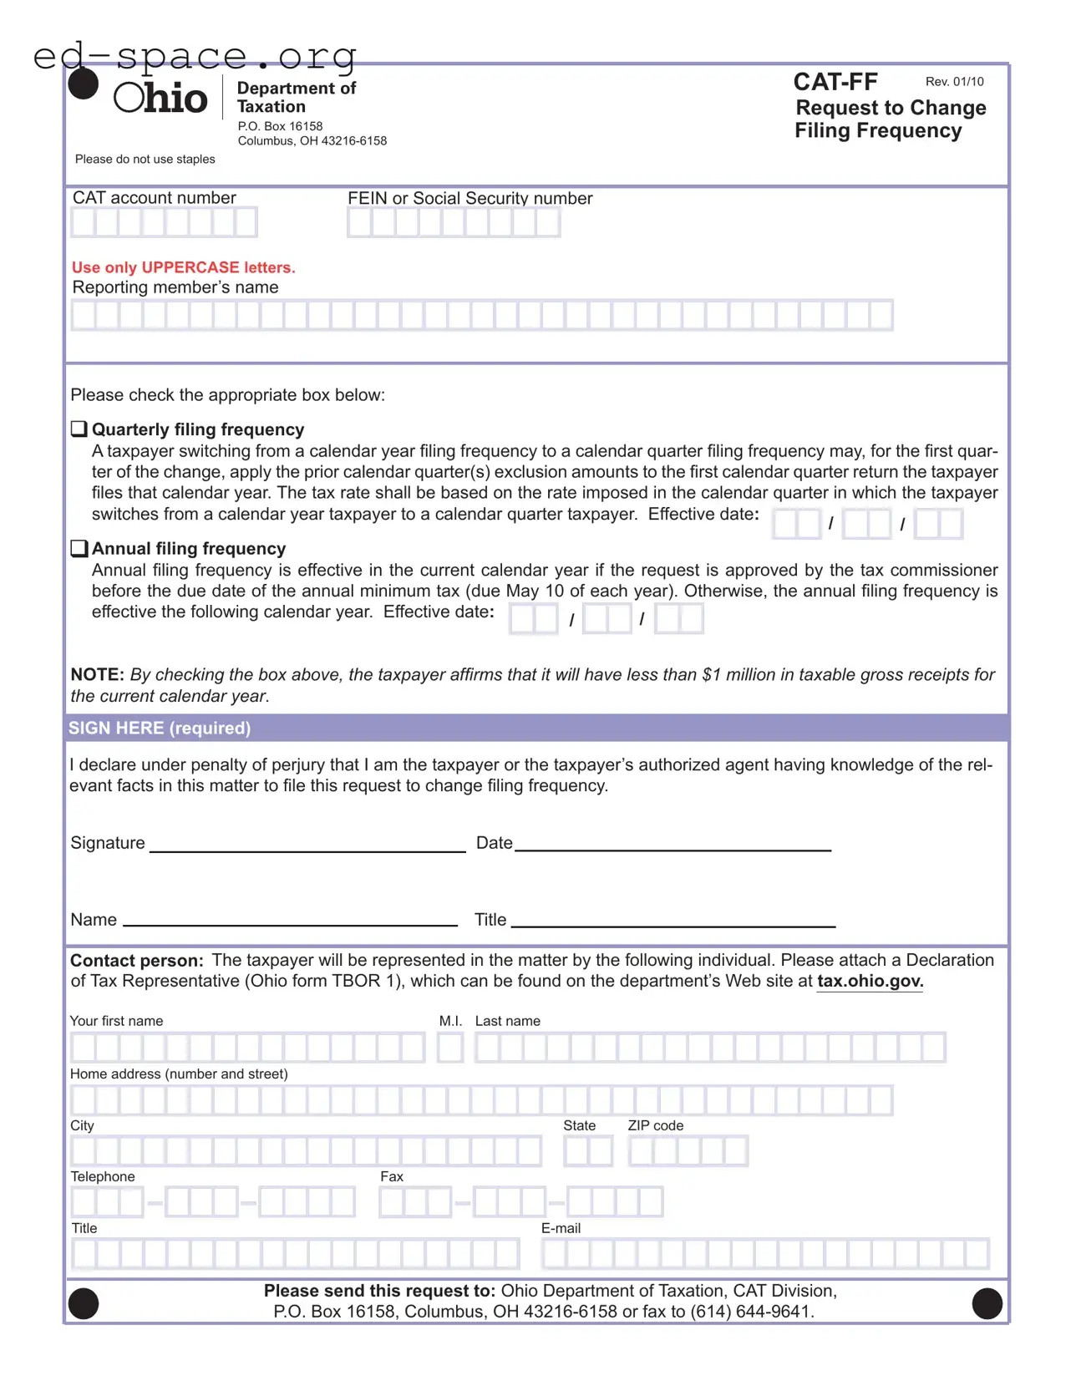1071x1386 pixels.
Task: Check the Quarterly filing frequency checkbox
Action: [x=79, y=429]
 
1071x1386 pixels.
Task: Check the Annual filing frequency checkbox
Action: [x=79, y=549]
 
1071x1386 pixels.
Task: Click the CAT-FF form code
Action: [x=835, y=82]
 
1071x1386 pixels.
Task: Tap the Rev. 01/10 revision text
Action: [x=954, y=82]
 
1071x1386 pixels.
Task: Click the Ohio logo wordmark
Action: [x=160, y=98]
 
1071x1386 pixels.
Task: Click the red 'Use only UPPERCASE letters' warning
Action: [x=183, y=267]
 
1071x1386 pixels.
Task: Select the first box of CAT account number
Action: [x=83, y=223]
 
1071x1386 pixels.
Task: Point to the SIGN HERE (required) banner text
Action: [x=159, y=728]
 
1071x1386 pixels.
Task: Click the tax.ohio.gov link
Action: [x=870, y=982]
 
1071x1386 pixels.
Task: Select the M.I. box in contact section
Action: [x=450, y=1048]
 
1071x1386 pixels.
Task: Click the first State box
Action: [x=576, y=1152]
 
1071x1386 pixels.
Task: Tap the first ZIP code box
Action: [x=641, y=1152]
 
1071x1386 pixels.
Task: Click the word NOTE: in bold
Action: [x=97, y=675]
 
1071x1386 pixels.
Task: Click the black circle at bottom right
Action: [x=987, y=1303]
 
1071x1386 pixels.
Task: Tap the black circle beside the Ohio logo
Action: [x=83, y=84]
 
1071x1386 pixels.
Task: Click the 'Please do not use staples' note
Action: [x=145, y=160]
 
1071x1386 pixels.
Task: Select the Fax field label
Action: [x=391, y=1177]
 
